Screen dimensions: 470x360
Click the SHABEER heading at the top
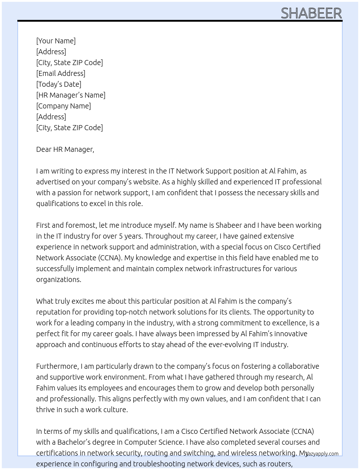pyautogui.click(x=311, y=13)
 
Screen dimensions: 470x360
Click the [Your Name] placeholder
pyautogui.click(x=56, y=41)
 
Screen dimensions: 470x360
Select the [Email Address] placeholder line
pyautogui.click(x=61, y=73)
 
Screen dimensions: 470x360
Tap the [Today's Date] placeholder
pyautogui.click(x=59, y=84)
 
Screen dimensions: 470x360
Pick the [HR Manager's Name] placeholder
pyautogui.click(x=71, y=95)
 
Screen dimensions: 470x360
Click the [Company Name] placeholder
pyautogui.click(x=64, y=106)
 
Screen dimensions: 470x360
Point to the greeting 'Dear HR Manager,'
pyautogui.click(x=65, y=149)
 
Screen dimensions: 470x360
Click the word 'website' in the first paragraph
pyautogui.click(x=146, y=182)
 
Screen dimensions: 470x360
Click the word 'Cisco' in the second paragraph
pyautogui.click(x=283, y=247)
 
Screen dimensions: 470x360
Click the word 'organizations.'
pyautogui.click(x=59, y=279)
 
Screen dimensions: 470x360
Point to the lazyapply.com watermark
pyautogui.click(x=322, y=454)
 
